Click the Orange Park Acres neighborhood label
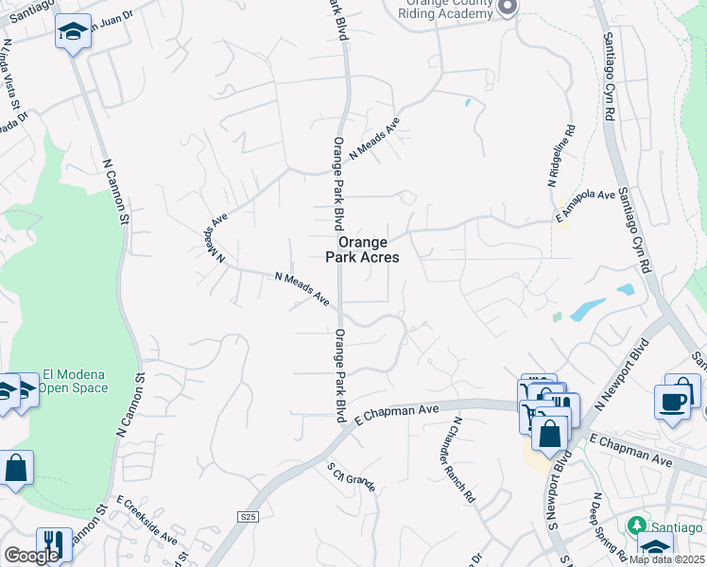[362, 249]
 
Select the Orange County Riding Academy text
[446, 9]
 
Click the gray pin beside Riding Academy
[508, 8]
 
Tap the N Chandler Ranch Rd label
[463, 459]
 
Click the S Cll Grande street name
[352, 477]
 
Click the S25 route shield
[248, 516]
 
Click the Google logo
[30, 556]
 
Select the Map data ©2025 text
[667, 559]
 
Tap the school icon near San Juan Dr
[73, 32]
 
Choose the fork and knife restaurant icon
[54, 542]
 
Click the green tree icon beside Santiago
[636, 525]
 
